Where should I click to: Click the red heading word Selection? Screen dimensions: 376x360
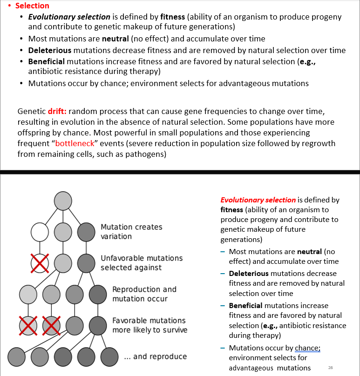tap(32, 6)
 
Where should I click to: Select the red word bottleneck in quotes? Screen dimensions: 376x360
tap(75, 143)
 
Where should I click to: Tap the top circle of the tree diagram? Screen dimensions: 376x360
tap(63, 201)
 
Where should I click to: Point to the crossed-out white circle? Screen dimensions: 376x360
tap(40, 263)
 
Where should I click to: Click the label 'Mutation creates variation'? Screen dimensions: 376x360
tap(131, 231)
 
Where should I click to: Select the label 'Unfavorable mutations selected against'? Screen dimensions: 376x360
tap(141, 262)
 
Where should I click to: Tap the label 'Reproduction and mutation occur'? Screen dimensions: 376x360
tap(144, 294)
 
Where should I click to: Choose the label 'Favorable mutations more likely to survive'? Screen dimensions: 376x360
tap(149, 325)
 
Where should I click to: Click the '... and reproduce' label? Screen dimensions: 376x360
tap(155, 356)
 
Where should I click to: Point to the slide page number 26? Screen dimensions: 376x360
tap(330, 368)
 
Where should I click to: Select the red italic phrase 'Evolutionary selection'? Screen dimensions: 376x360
tap(258, 200)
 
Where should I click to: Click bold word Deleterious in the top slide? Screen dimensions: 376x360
tap(49, 50)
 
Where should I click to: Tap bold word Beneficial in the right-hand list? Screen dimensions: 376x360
tap(245, 306)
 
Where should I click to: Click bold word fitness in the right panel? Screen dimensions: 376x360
tap(232, 210)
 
